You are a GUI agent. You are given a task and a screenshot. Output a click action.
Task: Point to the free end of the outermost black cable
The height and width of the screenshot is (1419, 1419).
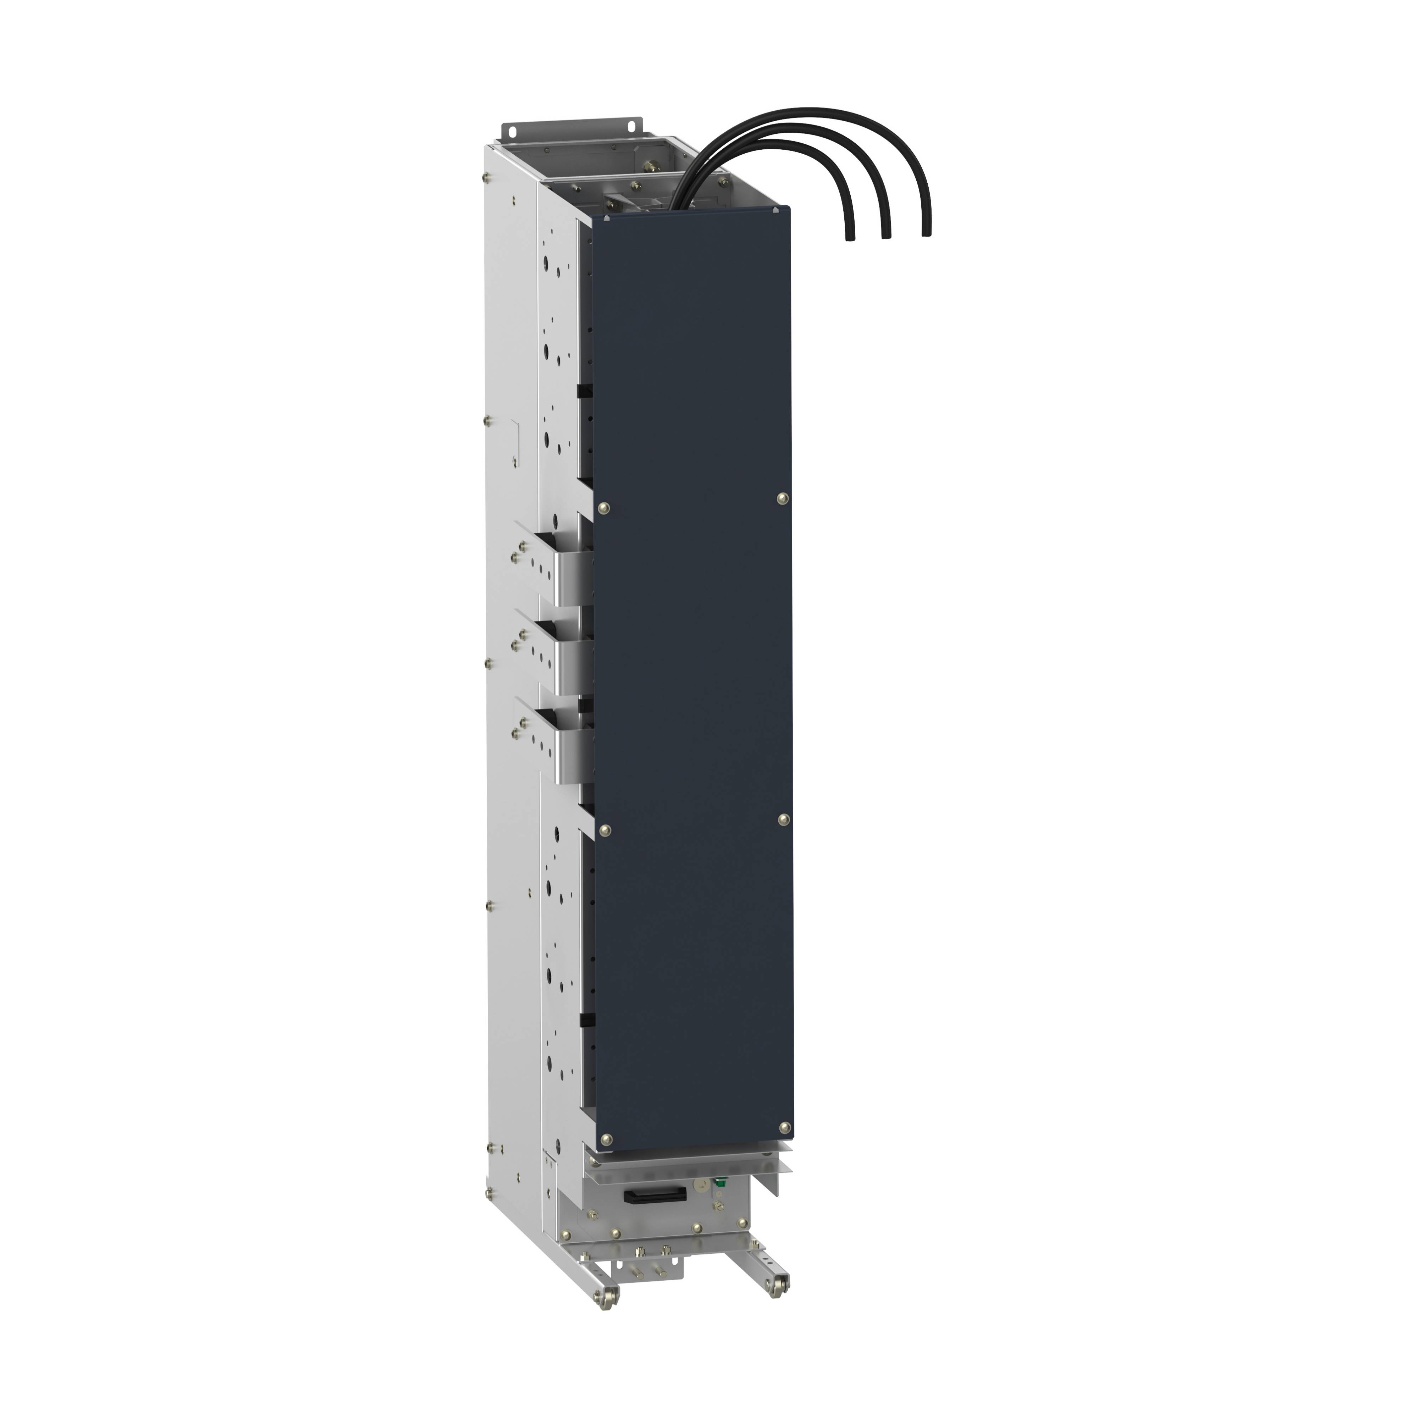(926, 233)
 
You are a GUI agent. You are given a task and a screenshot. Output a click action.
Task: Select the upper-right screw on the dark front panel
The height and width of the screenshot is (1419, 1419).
(782, 499)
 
